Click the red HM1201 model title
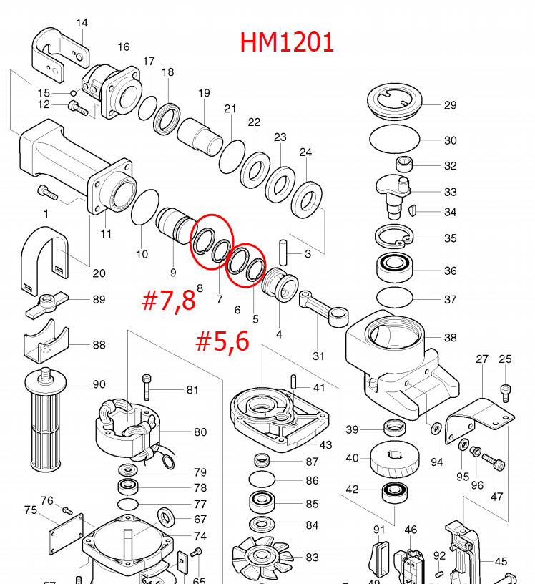tap(287, 42)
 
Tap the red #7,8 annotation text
tap(168, 300)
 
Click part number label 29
tap(449, 105)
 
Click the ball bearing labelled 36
tap(396, 270)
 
